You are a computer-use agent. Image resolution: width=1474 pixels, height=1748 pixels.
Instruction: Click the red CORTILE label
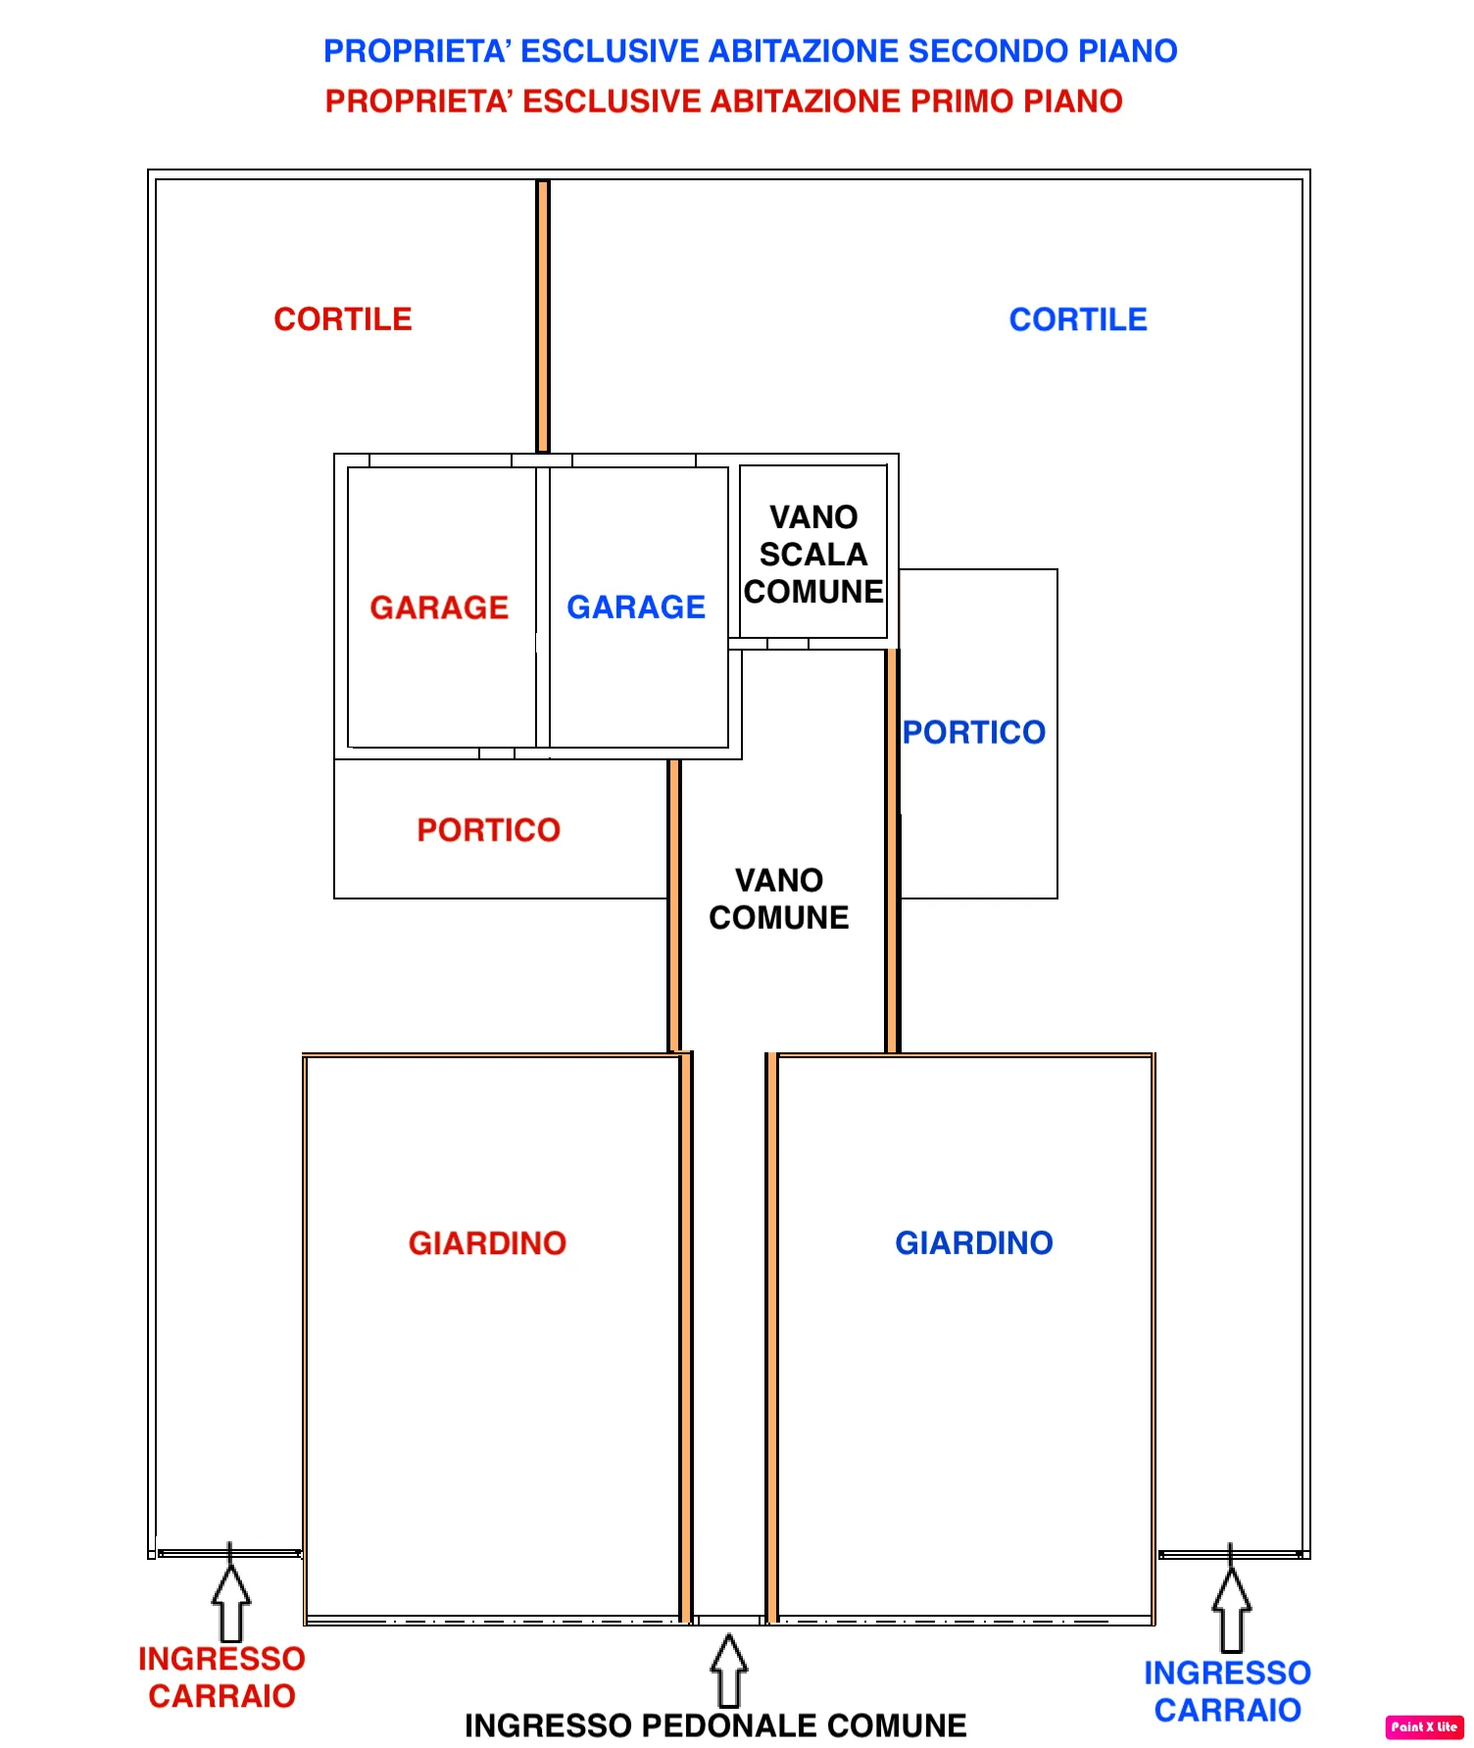pos(343,319)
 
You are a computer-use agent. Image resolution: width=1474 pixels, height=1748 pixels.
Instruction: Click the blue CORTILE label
pos(1078,319)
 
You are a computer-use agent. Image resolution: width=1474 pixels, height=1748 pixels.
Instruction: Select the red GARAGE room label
pos(439,607)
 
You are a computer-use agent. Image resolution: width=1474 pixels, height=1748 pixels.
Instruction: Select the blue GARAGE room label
pos(636,607)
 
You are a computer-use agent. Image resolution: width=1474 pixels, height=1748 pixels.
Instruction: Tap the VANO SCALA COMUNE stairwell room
pos(813,555)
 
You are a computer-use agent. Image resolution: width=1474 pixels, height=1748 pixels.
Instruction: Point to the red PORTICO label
pos(488,830)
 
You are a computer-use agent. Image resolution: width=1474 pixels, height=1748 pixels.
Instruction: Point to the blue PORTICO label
pos(974,732)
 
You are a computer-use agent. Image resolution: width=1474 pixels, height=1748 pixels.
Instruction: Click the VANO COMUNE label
pos(779,898)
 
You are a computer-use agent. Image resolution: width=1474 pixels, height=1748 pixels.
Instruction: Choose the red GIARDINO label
pos(487,1243)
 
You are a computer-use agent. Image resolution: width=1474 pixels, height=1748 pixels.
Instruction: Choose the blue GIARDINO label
pos(974,1243)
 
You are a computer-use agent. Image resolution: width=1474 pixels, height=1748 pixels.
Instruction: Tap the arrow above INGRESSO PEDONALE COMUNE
pos(728,1671)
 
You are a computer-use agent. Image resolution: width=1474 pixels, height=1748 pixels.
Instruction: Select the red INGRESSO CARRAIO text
pos(221,1677)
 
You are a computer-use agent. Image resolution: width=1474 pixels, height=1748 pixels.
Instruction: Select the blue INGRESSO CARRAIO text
pos(1227,1691)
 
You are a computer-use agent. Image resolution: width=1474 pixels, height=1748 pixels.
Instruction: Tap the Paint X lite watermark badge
pos(1424,1726)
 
